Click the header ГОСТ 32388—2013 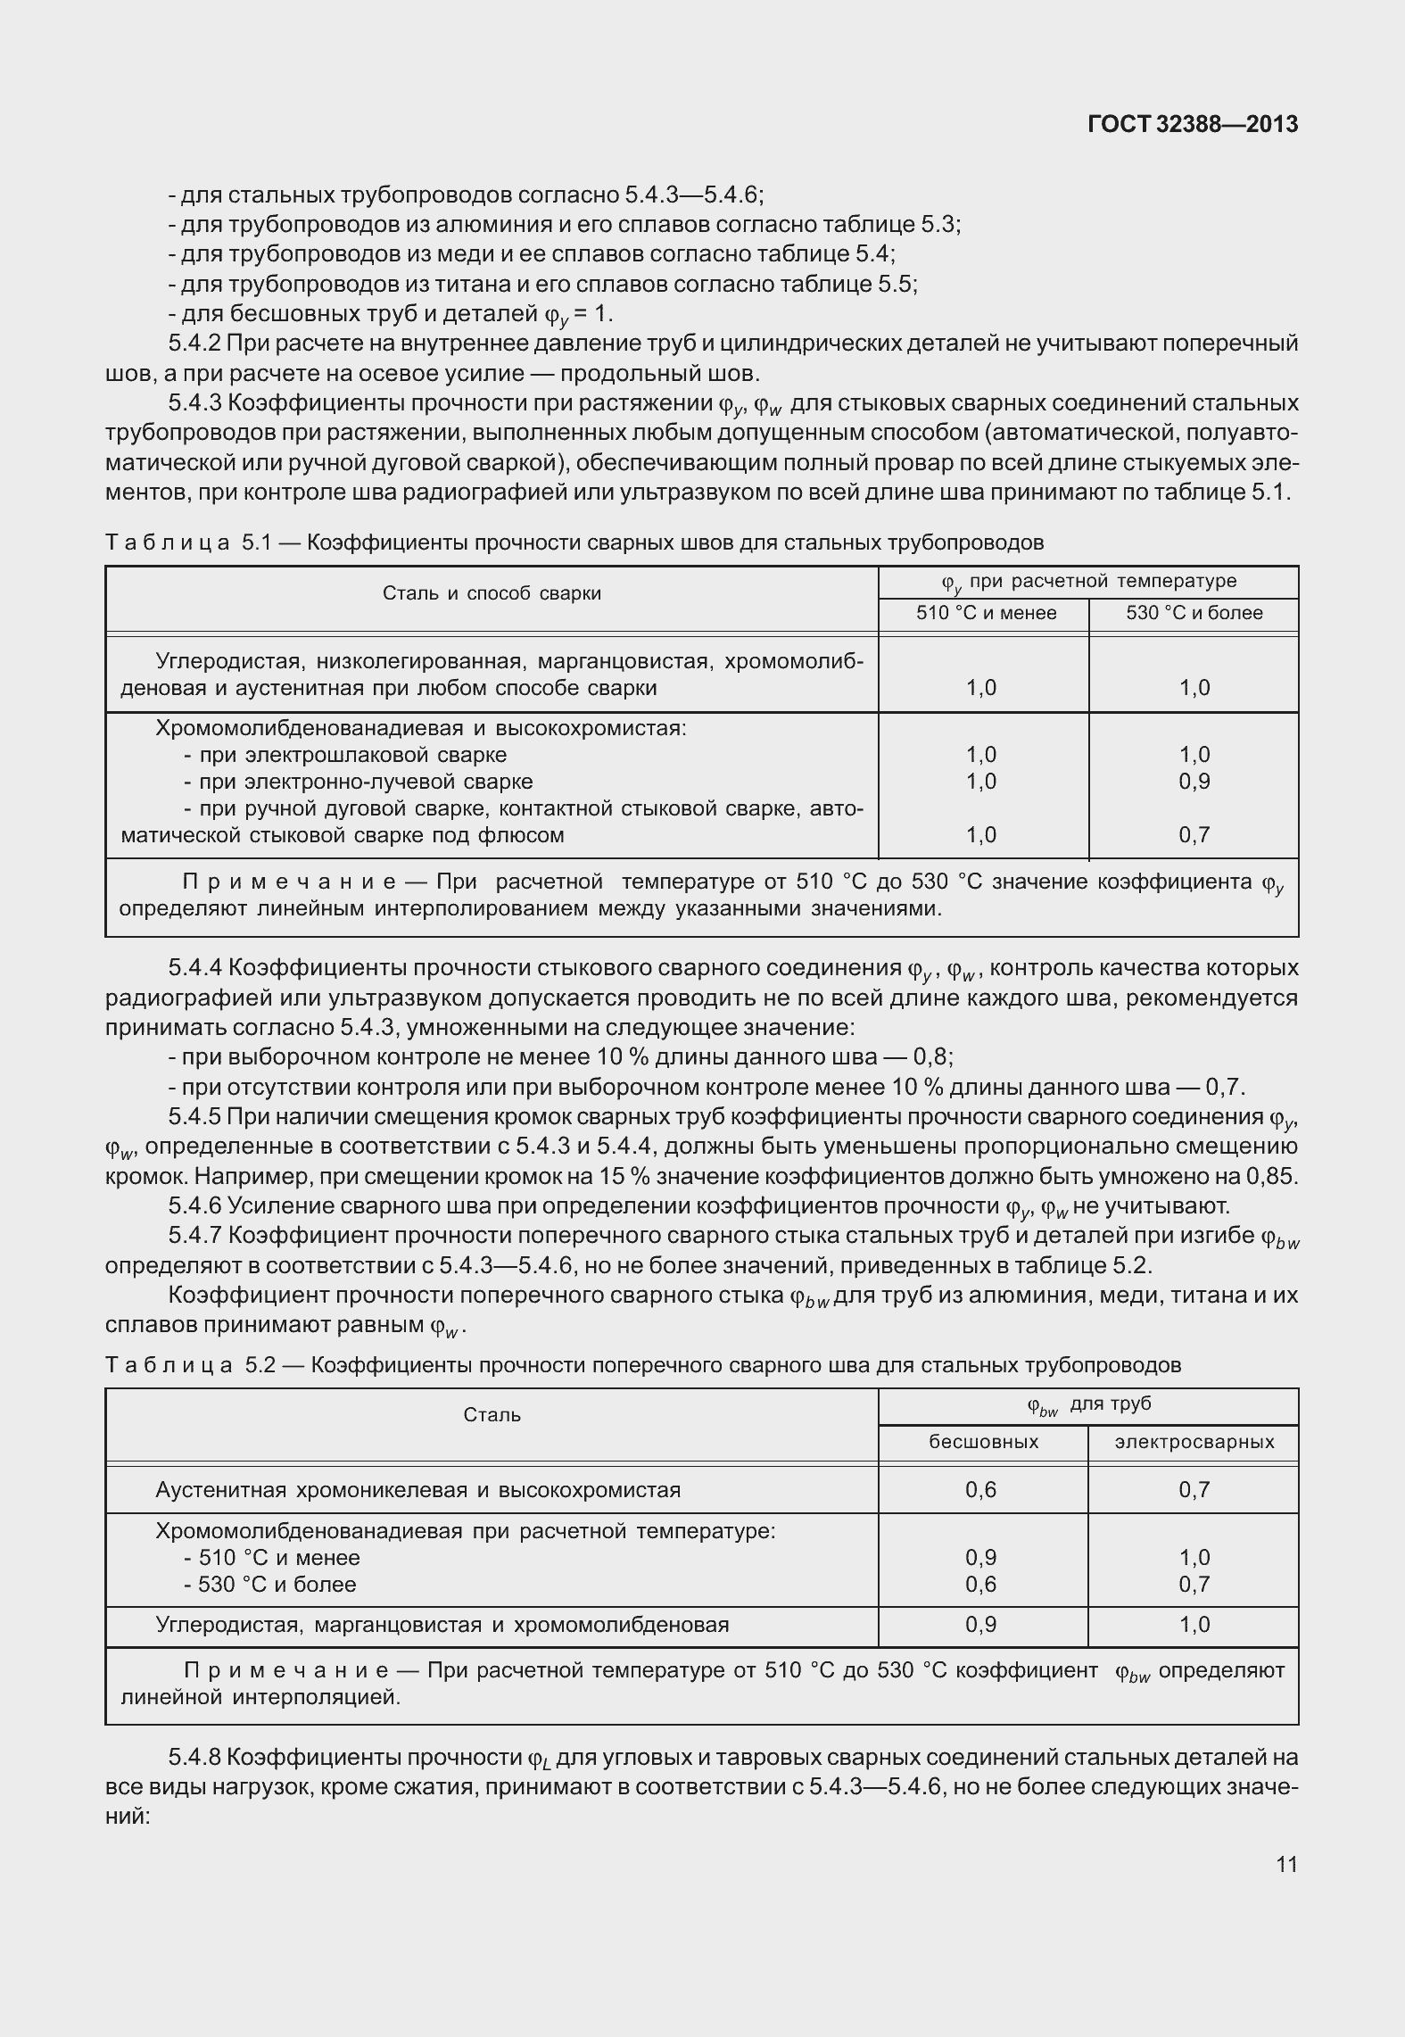click(1193, 125)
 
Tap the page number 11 click(1286, 1864)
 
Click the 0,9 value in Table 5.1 click(1194, 782)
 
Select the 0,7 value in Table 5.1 click(1194, 835)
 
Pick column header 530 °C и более click(1194, 613)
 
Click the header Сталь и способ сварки click(492, 593)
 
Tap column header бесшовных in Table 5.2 click(983, 1442)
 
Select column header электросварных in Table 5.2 click(1194, 1442)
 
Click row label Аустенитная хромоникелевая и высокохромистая click(417, 1490)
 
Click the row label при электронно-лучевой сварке click(358, 782)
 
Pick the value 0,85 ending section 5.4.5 click(1270, 1176)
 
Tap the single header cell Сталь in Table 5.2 click(492, 1415)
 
